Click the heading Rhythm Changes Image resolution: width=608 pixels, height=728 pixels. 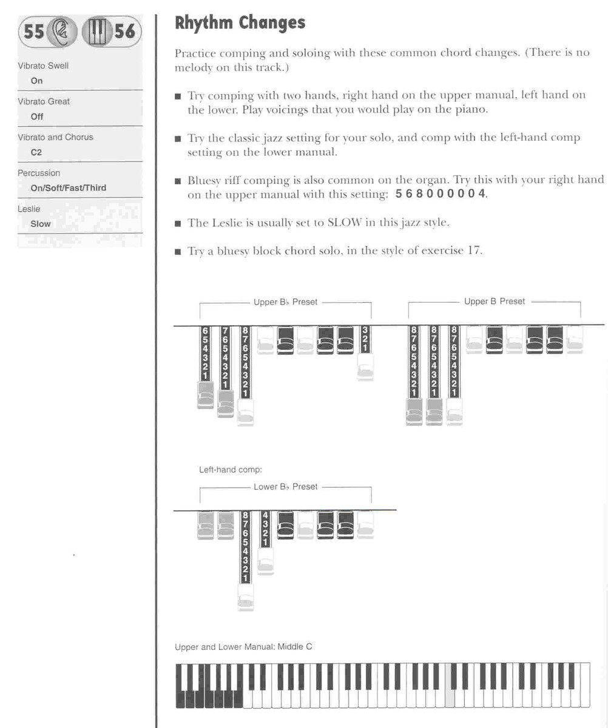(x=240, y=24)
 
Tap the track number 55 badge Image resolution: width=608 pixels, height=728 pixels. (x=35, y=31)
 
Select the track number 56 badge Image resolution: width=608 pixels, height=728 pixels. (x=124, y=31)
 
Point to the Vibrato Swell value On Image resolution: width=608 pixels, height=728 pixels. (x=37, y=81)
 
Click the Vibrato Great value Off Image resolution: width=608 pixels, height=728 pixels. (x=37, y=116)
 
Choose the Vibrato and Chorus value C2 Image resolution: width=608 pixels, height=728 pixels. (x=36, y=152)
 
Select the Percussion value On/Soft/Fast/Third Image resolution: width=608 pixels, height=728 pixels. (x=68, y=188)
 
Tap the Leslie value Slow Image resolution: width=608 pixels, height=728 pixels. (x=41, y=224)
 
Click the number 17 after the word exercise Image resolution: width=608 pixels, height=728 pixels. (x=475, y=251)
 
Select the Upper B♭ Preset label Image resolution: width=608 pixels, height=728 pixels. (x=285, y=302)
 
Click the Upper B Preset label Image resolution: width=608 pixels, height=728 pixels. (x=494, y=302)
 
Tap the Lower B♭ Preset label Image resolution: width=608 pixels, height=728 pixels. (x=285, y=487)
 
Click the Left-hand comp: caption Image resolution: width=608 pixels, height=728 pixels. (x=231, y=470)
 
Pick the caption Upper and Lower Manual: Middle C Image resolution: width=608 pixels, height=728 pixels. (x=243, y=647)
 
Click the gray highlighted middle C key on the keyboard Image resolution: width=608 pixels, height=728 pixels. (x=450, y=686)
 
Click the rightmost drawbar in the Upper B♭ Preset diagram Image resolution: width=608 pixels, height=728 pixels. (x=365, y=352)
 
